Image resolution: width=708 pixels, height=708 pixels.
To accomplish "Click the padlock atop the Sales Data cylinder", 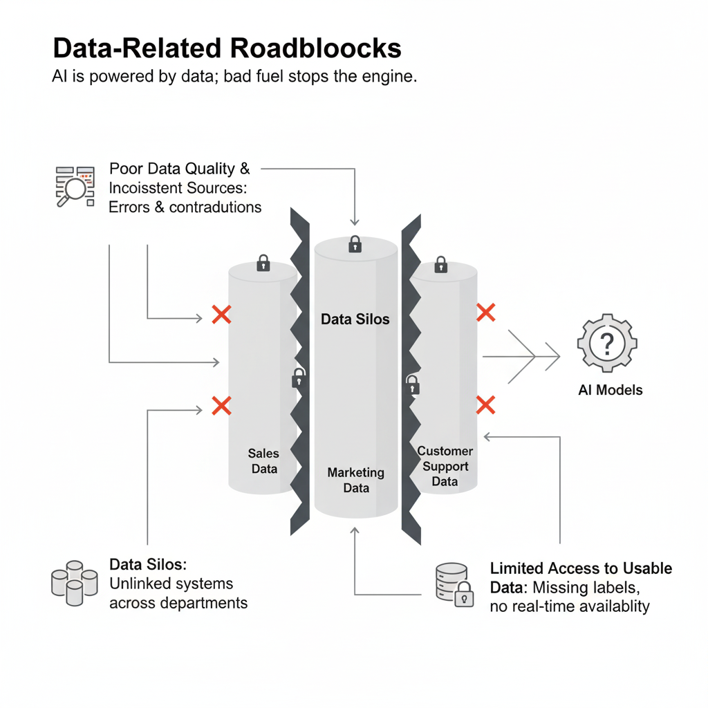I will pos(263,263).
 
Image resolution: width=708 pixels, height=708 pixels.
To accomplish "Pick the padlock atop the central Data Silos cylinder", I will pos(355,244).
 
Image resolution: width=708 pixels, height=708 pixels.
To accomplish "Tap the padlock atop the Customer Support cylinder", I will pos(440,265).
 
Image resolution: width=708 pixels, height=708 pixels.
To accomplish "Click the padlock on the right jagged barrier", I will pos(412,384).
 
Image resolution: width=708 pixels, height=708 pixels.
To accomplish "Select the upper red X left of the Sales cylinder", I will pos(221,315).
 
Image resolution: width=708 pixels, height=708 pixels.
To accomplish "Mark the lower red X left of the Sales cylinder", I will pos(221,405).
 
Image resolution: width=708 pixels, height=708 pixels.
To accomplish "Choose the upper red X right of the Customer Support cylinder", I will pos(486,313).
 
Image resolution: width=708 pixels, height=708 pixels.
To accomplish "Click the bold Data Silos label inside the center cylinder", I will pos(355,319).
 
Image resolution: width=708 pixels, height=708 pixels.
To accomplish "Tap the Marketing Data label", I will pos(355,480).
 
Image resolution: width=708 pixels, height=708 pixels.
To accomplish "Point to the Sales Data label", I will pos(263,461).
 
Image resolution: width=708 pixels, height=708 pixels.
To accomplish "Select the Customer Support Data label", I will pos(445,466).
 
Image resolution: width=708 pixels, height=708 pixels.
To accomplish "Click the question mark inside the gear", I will pos(607,342).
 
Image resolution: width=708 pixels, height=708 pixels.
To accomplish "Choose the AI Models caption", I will pos(610,390).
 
